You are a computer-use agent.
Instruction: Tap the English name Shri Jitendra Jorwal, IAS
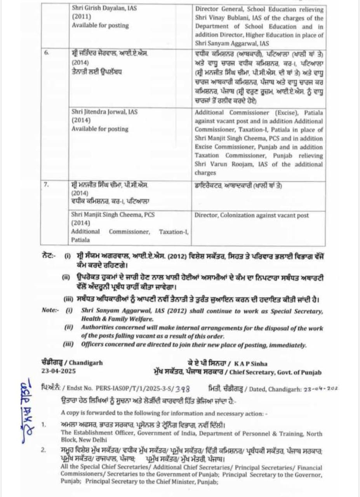click(x=104, y=112)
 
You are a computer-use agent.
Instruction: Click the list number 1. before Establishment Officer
click(x=43, y=424)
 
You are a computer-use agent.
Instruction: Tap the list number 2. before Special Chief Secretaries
click(x=43, y=450)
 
